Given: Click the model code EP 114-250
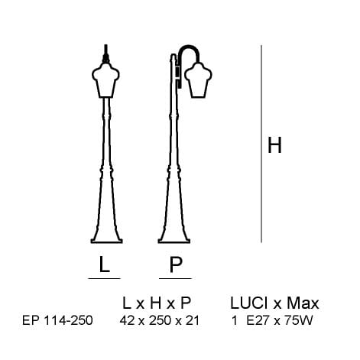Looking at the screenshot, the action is pos(57,320).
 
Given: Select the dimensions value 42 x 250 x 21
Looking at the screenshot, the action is pos(160,320).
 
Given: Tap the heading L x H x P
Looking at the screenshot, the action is pos(157,303).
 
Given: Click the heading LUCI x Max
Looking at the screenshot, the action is pos(274,303).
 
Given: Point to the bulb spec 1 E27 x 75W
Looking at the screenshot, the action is pos(272,320).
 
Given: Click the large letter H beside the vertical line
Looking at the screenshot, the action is pos(274,145).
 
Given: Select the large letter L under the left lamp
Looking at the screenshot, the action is pos(104,264).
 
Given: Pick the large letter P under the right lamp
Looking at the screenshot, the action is pos(176,264).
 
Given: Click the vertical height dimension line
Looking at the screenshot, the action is pos(261,144).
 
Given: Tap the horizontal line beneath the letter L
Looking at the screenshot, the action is pos(104,278).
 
